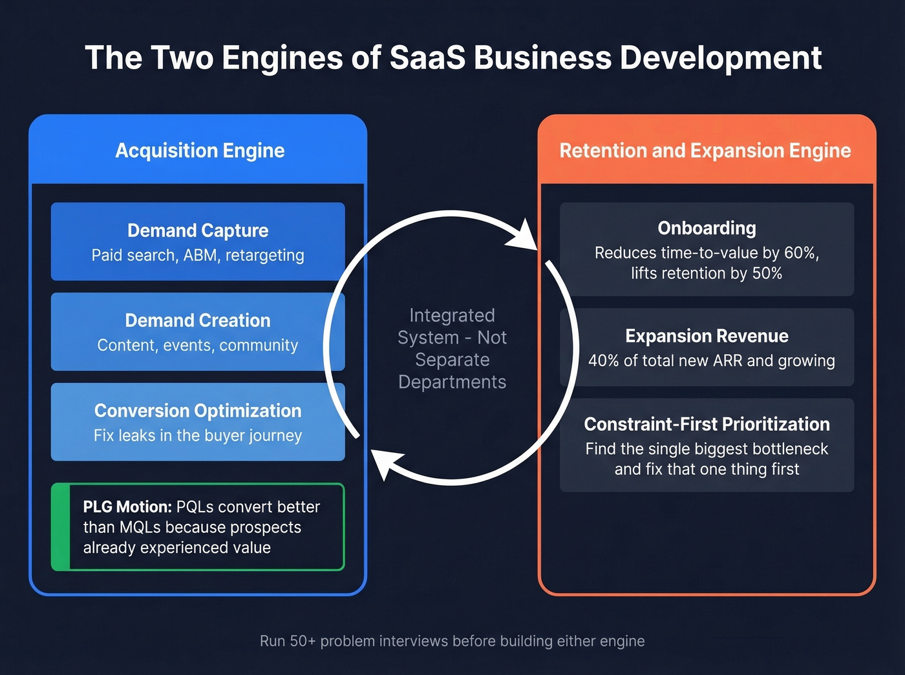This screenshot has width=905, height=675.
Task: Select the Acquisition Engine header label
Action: pos(200,151)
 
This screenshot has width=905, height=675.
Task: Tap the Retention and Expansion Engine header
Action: pos(705,151)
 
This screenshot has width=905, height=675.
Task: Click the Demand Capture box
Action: pos(198,242)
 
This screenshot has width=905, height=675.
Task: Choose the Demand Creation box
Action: pos(198,331)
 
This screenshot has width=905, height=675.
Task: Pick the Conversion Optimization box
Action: pos(198,422)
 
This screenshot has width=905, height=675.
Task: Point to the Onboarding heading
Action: pos(707,228)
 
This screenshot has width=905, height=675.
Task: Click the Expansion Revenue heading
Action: pos(707,336)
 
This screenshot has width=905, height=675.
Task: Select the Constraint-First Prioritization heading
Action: pos(707,424)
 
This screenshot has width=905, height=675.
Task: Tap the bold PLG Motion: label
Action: pos(127,507)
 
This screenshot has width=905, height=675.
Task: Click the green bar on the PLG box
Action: pos(60,526)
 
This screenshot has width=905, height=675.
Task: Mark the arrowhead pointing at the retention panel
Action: pos(524,235)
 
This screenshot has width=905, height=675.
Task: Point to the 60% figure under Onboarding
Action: pos(801,253)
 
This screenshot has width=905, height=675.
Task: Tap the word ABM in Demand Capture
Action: pos(200,255)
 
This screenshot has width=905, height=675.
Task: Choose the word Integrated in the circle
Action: pos(452,315)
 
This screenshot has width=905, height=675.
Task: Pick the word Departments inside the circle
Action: pos(452,382)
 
